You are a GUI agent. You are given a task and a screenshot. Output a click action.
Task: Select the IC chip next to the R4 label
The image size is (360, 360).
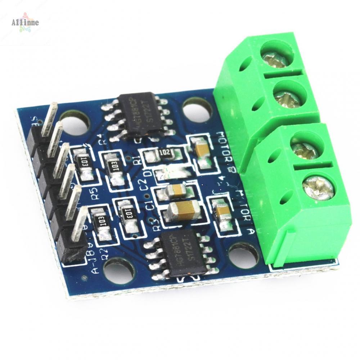click(137, 115)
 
